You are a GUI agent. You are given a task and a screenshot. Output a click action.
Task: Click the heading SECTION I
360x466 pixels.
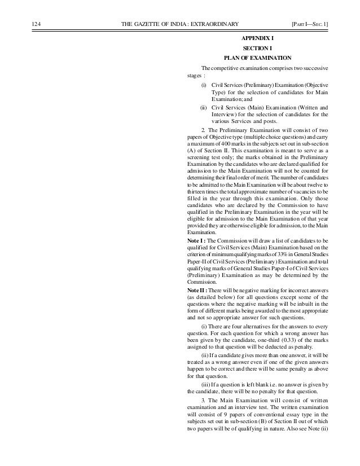coord(257,48)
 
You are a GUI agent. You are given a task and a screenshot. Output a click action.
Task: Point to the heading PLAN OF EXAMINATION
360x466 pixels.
coord(257,58)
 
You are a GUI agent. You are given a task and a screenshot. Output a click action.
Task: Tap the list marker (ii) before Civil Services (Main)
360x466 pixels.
coord(203,107)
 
